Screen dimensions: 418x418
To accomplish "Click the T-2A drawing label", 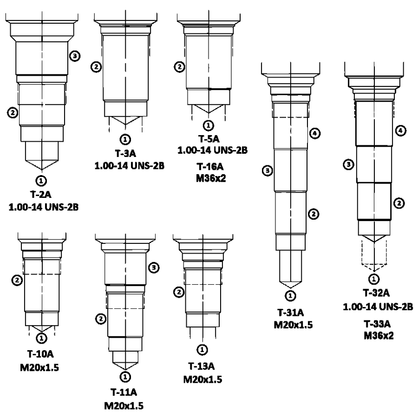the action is click(x=41, y=194).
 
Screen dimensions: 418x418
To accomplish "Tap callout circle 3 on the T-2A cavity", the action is click(x=75, y=56).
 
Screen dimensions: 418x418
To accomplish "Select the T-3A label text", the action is click(x=125, y=153).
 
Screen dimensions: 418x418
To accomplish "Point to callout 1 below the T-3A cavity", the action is click(x=125, y=139).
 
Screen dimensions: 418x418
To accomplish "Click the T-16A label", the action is click(x=210, y=167).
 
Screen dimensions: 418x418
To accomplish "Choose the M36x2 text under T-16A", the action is click(x=211, y=178).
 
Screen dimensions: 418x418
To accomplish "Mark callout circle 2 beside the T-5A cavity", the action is click(x=179, y=66).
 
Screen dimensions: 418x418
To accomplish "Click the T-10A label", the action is click(x=40, y=354).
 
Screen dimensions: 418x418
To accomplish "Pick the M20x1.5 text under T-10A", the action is click(x=39, y=368).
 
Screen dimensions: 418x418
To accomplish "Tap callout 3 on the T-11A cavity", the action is click(x=154, y=268).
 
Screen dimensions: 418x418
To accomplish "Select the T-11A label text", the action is click(x=124, y=392).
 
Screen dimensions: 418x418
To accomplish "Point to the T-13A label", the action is click(x=202, y=366).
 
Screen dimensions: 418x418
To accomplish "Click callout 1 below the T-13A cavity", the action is click(x=202, y=349).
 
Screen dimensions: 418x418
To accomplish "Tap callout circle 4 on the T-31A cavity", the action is click(x=315, y=133).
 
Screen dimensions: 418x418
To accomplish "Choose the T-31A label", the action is click(x=291, y=312).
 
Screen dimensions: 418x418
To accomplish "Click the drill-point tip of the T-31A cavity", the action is click(x=291, y=288).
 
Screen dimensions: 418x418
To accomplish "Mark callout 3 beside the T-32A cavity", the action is click(x=348, y=164).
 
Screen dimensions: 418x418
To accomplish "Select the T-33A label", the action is click(x=377, y=324).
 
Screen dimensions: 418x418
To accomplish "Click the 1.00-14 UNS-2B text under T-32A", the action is click(x=378, y=307).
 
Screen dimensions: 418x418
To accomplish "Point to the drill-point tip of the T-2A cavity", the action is click(x=42, y=170).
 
